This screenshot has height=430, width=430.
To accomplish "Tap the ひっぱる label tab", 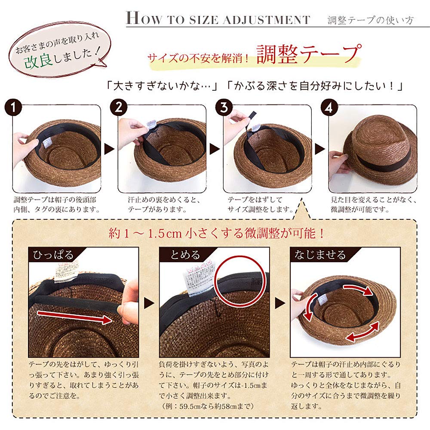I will point(53,255).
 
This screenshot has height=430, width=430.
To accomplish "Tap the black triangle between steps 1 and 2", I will point(109,149).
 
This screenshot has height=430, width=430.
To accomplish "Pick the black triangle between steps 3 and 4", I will point(320,149).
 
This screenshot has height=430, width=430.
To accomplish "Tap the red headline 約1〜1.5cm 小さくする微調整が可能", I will point(217,233).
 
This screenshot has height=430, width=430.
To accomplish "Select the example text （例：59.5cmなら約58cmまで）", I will point(208,405).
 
